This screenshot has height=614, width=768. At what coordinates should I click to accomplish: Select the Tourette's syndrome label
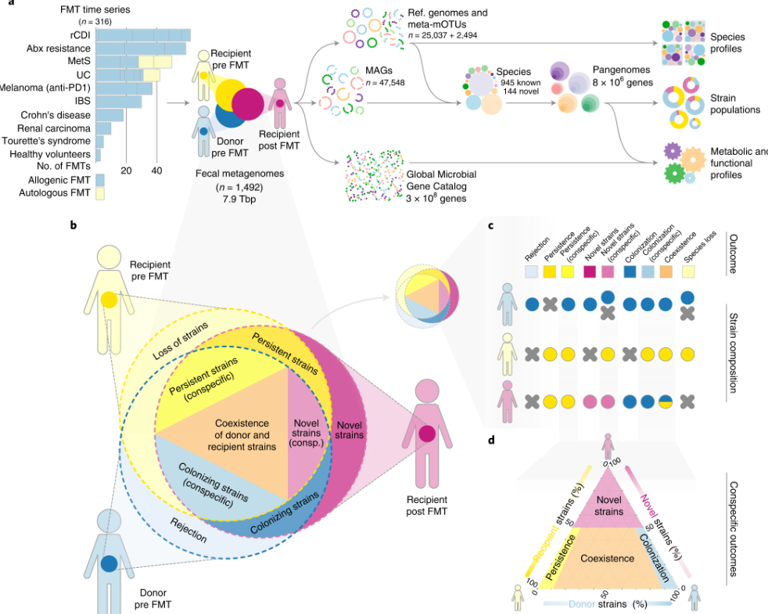click(x=46, y=142)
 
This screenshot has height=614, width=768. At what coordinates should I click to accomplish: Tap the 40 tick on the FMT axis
click(x=156, y=171)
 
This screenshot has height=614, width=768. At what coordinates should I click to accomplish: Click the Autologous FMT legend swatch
click(x=99, y=194)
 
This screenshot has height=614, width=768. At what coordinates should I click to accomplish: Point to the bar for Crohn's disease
click(x=109, y=115)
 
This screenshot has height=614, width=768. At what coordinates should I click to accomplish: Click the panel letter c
click(x=490, y=227)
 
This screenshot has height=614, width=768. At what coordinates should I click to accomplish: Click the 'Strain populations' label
click(x=736, y=103)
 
